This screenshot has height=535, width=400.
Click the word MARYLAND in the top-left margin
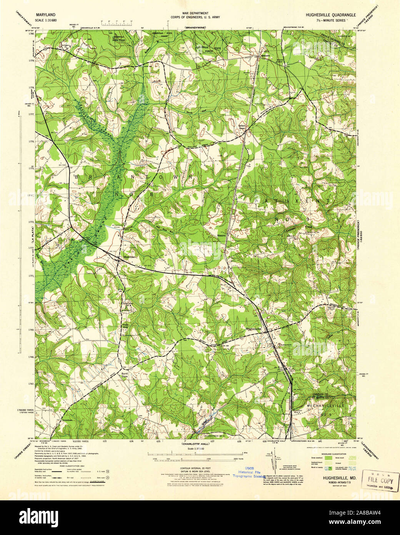[45, 13]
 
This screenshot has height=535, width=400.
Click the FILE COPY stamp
[381, 481]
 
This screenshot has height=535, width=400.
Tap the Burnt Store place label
[124, 375]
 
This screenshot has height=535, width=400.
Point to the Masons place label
[222, 235]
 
